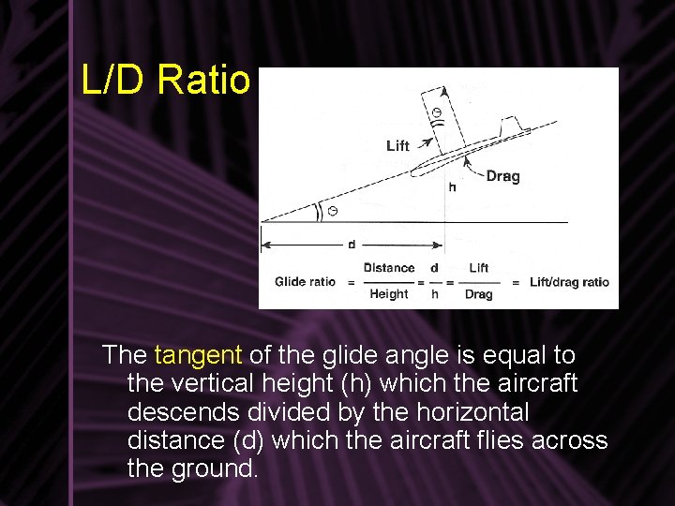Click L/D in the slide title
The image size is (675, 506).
point(114,81)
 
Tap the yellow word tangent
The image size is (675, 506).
point(198,355)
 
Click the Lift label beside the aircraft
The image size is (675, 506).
point(397,145)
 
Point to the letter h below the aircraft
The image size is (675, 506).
point(452,186)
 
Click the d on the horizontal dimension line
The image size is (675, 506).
point(352,245)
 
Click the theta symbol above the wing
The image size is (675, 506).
point(436,114)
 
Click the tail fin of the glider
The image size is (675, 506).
point(511,126)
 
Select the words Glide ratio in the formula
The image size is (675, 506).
point(305,281)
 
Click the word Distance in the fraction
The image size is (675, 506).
point(388,268)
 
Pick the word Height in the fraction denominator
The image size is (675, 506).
point(388,294)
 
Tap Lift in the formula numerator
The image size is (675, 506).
point(478,268)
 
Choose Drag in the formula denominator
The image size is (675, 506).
point(478,294)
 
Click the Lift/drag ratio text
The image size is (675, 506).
point(569,281)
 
